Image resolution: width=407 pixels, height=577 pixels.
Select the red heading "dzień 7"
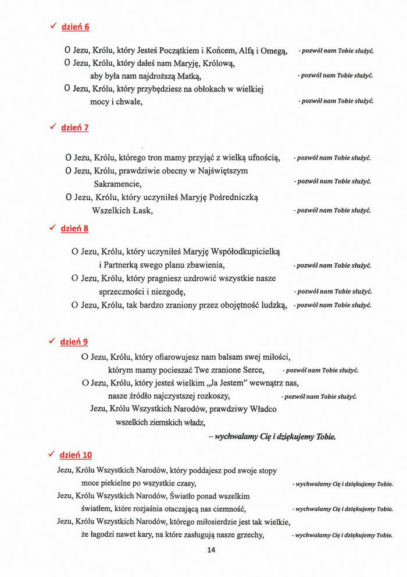coord(75,128)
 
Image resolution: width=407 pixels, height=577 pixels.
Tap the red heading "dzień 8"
coord(75,229)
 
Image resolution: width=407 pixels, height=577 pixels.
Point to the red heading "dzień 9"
coord(74,342)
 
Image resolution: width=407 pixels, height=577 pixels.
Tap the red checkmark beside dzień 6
coord(52,26)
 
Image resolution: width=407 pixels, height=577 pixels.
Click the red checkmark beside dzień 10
coord(52,454)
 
